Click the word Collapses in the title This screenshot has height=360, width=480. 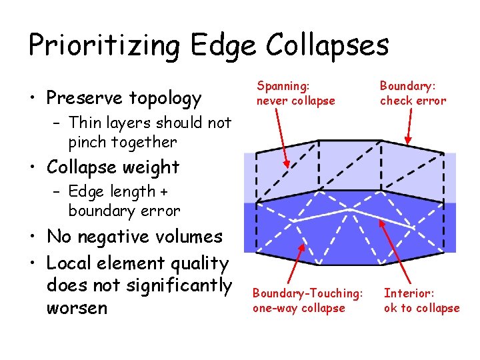click(327, 45)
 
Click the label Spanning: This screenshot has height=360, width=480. click(283, 86)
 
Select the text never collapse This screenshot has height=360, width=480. click(296, 101)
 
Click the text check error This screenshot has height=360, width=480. click(413, 101)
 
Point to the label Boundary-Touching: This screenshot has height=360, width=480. click(308, 293)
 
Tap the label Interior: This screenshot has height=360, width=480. click(409, 293)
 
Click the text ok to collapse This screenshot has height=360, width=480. click(421, 308)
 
